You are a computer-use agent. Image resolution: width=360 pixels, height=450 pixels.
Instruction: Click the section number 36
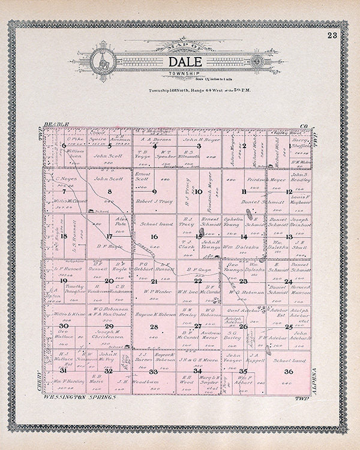[289, 372]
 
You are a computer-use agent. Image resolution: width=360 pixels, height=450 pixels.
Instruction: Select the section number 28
[154, 327]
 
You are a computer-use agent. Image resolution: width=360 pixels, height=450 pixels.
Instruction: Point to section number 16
[154, 237]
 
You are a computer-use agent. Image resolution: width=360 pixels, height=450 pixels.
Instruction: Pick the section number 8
[109, 192]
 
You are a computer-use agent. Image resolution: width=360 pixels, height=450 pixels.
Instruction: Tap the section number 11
[244, 192]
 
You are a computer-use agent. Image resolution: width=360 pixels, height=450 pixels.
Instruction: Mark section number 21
[154, 281]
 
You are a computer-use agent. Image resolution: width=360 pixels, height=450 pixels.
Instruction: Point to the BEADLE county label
[57, 124]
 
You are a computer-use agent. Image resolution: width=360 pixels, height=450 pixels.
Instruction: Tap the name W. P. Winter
[154, 292]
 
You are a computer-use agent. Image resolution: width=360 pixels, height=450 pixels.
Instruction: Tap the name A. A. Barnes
[154, 137]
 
